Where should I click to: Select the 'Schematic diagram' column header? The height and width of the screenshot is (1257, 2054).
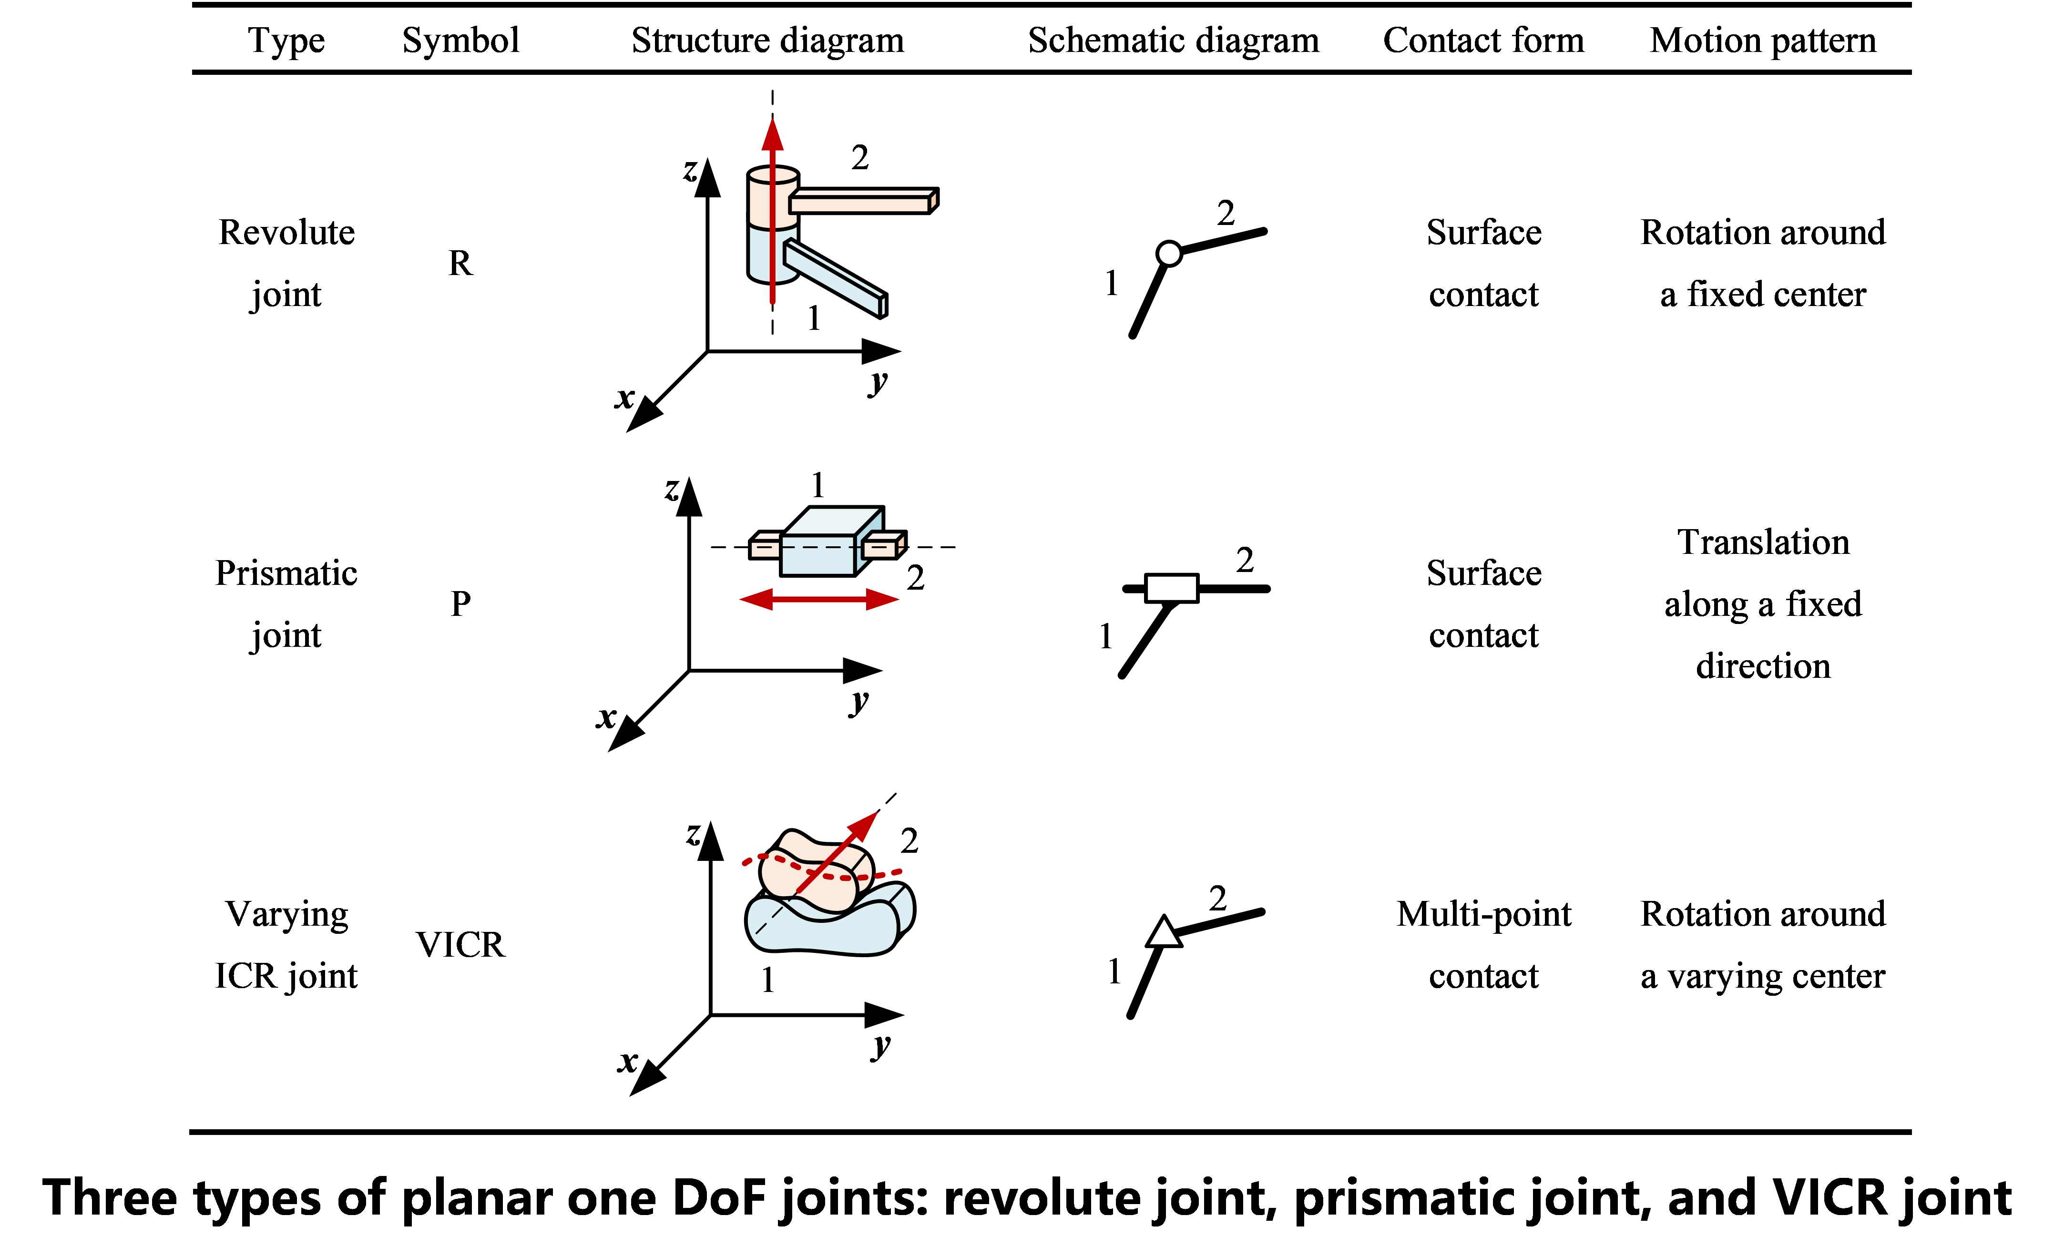point(1173,40)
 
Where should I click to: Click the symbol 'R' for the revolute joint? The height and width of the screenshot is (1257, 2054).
point(460,264)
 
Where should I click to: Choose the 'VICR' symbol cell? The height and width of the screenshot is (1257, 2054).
point(460,944)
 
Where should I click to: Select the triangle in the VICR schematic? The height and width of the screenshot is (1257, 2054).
point(1164,932)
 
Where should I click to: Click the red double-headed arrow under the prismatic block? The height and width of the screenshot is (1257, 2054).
point(818,599)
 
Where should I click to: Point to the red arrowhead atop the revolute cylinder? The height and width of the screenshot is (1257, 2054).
point(773,133)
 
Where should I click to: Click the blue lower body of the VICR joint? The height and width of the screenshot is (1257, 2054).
point(825,925)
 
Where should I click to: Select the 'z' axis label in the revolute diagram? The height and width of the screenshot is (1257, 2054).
point(689,170)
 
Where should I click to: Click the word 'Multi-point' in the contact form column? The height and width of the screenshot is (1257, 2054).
point(1484,914)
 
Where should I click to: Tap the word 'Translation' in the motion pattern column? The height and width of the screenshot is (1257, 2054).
point(1763,542)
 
